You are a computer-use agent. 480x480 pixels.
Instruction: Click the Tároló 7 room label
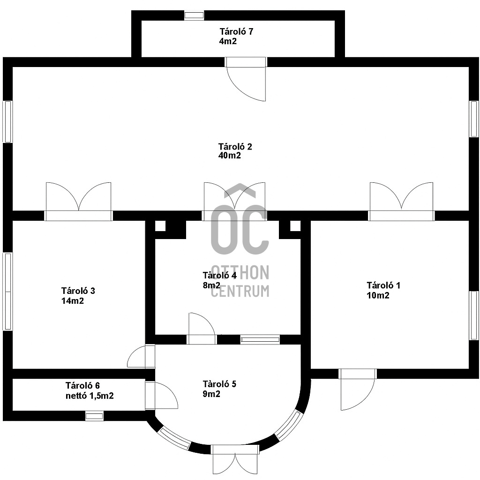(237, 32)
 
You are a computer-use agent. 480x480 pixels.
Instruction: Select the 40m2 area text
(230, 156)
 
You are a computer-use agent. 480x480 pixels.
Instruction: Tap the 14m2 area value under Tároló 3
(73, 301)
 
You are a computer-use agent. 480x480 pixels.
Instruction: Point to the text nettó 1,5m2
(90, 396)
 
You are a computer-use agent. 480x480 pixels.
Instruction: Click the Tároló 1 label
(383, 285)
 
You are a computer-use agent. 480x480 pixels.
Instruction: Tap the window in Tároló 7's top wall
(194, 15)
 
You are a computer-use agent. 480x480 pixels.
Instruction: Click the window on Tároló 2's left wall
(7, 121)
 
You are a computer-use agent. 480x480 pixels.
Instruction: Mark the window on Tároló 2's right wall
(474, 119)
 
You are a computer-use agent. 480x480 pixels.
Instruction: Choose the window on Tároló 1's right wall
(474, 315)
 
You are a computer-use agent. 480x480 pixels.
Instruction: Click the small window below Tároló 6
(94, 415)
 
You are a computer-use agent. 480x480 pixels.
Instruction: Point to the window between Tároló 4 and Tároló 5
(260, 339)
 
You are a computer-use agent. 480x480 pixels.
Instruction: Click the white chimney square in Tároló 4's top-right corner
(295, 226)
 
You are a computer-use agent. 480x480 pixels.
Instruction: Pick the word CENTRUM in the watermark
(240, 291)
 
